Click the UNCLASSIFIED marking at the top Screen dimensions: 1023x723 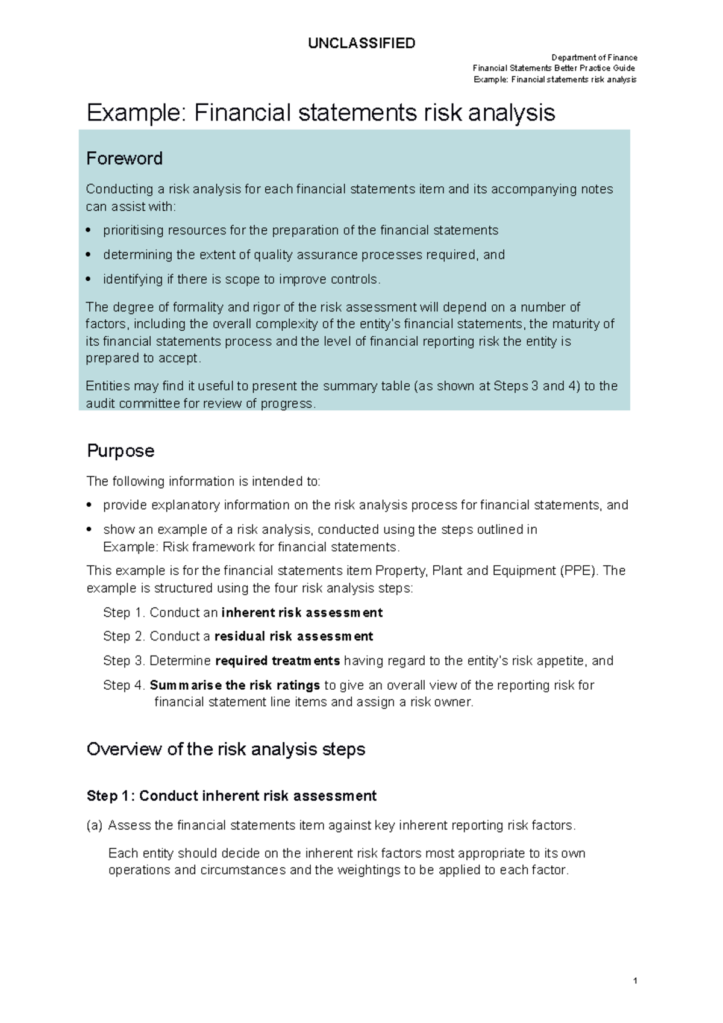pyautogui.click(x=361, y=43)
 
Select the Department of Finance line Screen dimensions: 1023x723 pyautogui.click(x=594, y=58)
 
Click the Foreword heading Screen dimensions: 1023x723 pyautogui.click(x=124, y=158)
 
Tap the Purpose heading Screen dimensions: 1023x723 pyautogui.click(x=120, y=451)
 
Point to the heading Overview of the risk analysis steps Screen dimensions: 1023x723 pyautogui.click(x=226, y=749)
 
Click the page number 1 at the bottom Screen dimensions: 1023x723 pyautogui.click(x=635, y=981)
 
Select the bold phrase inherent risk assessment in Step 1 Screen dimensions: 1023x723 pyautogui.click(x=302, y=613)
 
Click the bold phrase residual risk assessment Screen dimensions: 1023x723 pyautogui.click(x=293, y=636)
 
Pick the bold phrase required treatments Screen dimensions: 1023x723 pyautogui.click(x=277, y=661)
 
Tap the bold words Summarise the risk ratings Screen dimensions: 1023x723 pyautogui.click(x=234, y=685)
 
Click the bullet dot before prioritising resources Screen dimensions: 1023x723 pyautogui.click(x=89, y=230)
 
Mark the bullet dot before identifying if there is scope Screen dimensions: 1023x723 pyautogui.click(x=89, y=279)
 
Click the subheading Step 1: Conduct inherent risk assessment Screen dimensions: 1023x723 pyautogui.click(x=231, y=796)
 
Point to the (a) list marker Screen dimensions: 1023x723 pyautogui.click(x=95, y=825)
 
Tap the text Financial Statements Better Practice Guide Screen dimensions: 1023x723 pyautogui.click(x=554, y=68)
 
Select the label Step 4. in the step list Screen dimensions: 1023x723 pyautogui.click(x=124, y=685)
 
